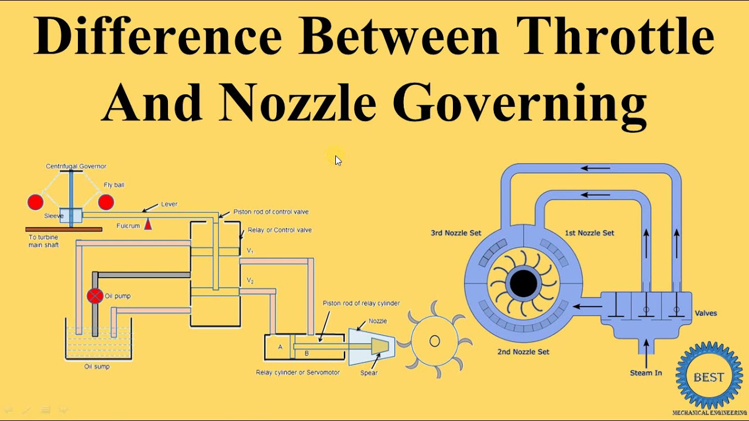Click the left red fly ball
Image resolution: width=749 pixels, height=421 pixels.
(36, 202)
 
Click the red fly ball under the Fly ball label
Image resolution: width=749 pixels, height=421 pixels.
(106, 202)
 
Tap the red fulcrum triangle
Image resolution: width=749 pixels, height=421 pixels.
(148, 224)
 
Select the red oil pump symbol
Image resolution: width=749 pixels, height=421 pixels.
(95, 296)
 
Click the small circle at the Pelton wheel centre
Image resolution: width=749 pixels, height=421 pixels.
(434, 341)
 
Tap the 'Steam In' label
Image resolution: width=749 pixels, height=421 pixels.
(645, 372)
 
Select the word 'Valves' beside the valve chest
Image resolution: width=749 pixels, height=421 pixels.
(706, 313)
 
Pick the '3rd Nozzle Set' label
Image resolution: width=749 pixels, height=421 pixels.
(456, 233)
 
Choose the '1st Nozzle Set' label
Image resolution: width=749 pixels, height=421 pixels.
(589, 233)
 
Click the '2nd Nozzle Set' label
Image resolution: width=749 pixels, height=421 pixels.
(523, 351)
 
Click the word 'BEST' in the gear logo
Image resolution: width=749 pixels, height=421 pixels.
(709, 377)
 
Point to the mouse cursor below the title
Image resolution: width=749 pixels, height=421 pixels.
(338, 160)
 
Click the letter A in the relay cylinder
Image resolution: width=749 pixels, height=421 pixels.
(280, 347)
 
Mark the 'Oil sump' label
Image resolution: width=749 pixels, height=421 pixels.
(97, 367)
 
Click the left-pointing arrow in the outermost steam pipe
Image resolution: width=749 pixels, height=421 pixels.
(595, 169)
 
